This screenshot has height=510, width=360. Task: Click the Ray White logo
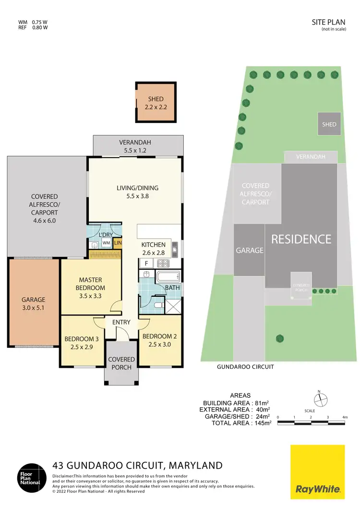click(318, 472)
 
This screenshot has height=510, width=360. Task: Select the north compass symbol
click(320, 399)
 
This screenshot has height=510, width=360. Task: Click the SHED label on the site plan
click(329, 124)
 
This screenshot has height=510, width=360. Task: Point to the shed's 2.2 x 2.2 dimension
click(156, 107)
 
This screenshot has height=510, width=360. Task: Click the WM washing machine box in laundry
click(106, 243)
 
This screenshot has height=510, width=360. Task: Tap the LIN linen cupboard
click(118, 243)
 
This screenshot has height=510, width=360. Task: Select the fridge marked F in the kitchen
click(146, 263)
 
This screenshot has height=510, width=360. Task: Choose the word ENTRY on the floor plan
click(121, 323)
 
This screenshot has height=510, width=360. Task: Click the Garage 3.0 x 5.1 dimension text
click(33, 307)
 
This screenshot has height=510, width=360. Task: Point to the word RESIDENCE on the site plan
click(301, 239)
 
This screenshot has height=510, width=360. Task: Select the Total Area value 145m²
click(262, 423)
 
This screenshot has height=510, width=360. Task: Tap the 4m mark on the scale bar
click(344, 418)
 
